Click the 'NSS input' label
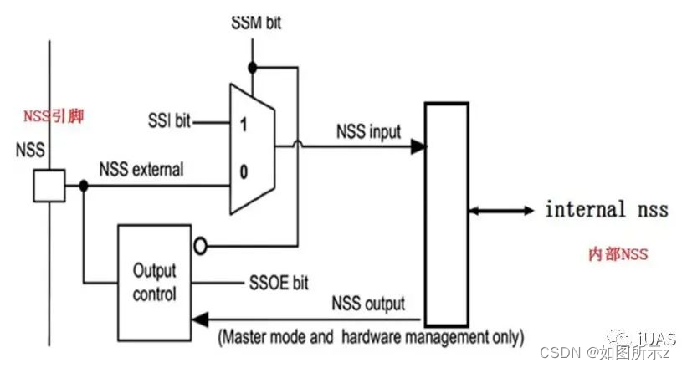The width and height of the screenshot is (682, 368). pyautogui.click(x=368, y=132)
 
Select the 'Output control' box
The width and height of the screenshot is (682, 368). pyautogui.click(x=155, y=283)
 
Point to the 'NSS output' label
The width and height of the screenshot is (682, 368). pyautogui.click(x=368, y=303)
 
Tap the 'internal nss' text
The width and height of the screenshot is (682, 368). pyautogui.click(x=606, y=209)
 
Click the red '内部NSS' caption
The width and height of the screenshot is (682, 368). pyautogui.click(x=618, y=253)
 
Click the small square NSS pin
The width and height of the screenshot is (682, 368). pyautogui.click(x=49, y=185)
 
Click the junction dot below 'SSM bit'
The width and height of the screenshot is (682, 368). pyautogui.click(x=250, y=65)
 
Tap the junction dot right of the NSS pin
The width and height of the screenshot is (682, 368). pyautogui.click(x=83, y=185)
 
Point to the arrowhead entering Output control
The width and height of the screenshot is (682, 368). pyautogui.click(x=197, y=319)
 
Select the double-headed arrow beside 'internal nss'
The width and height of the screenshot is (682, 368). pyautogui.click(x=501, y=211)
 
